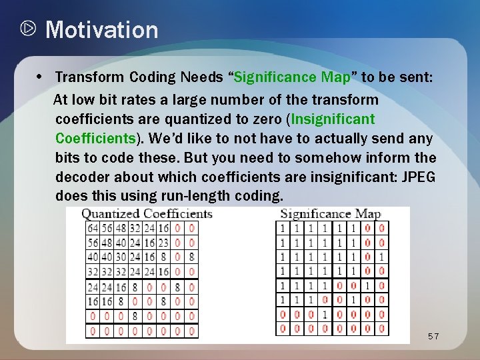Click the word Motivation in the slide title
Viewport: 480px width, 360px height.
[102, 30]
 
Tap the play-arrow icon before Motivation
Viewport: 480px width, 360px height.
[28, 30]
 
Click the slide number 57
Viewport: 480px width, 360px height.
[433, 337]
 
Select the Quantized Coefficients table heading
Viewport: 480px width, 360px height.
[147, 214]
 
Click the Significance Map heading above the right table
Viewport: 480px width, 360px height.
[330, 214]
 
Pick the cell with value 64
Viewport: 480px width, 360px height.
[93, 228]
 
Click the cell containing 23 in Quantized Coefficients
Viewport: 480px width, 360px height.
[163, 243]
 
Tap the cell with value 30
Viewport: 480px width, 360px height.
[121, 257]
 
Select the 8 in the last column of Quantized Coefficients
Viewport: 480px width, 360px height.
[192, 257]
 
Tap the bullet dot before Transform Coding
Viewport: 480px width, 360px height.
[41, 77]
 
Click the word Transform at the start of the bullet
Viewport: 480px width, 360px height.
[84, 77]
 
